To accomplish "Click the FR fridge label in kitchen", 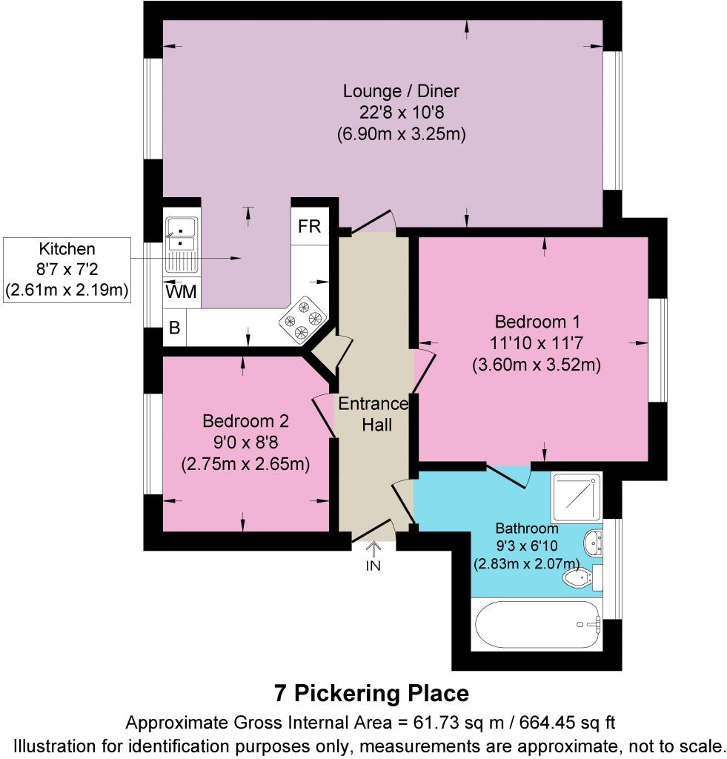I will pos(309,227).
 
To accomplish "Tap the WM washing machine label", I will pos(182,292).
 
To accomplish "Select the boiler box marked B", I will pos(175,328).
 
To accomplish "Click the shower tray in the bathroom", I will pos(577,496).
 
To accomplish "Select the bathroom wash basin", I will pos(593,542).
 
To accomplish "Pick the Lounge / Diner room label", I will pos(401,91).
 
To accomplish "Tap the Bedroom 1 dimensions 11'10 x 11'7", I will pos(536,343).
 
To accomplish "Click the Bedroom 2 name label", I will pos(245,421).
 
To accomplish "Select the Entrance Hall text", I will pos(373,414).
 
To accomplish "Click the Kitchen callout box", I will pos(67,270).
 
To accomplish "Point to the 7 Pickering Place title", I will pos(371,693).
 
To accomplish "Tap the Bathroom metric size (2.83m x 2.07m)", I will pos(527,563).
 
